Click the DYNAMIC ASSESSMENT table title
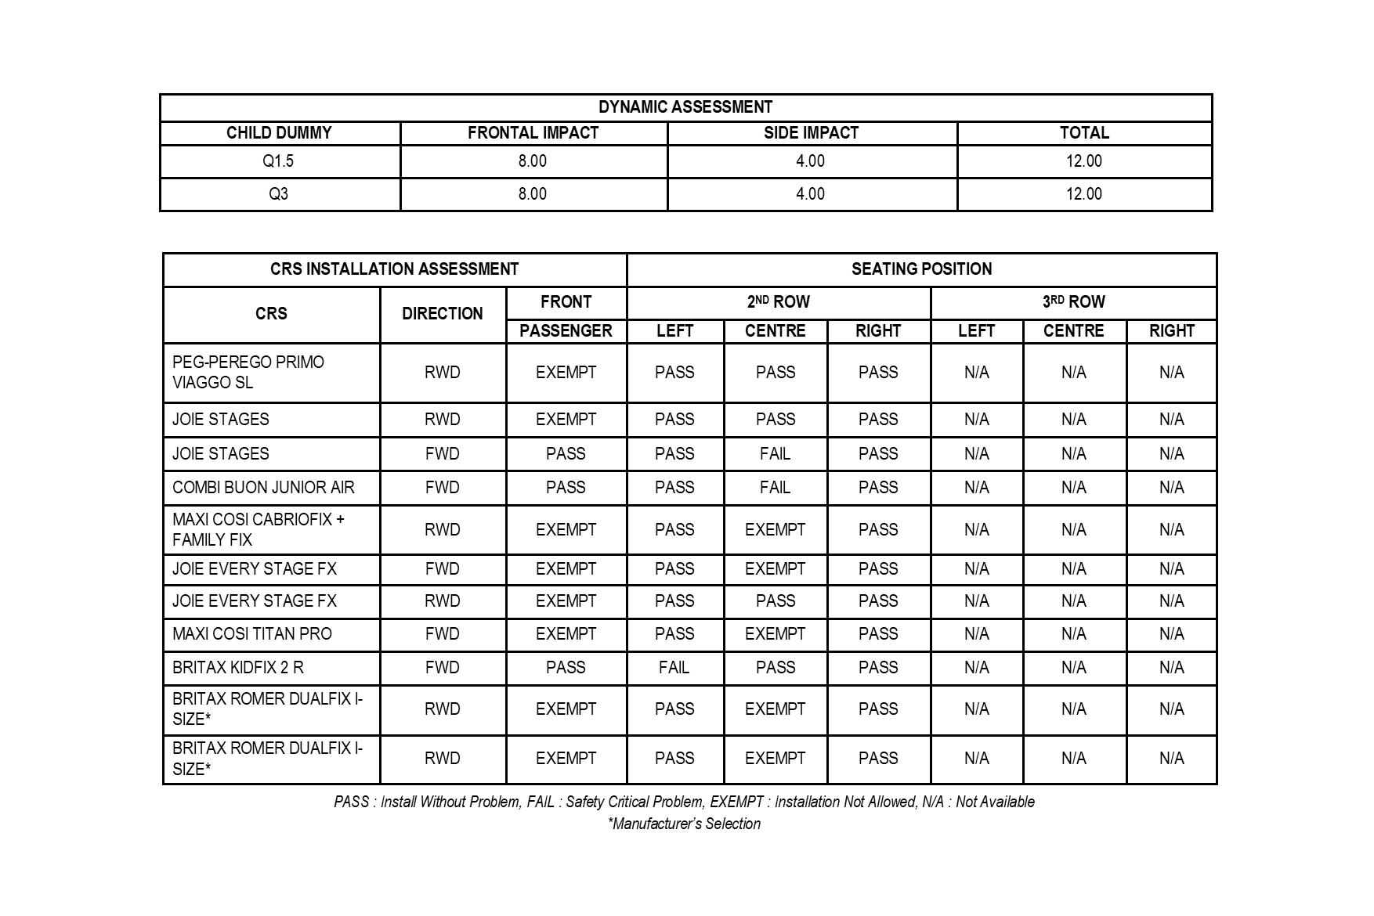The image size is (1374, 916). coord(685,107)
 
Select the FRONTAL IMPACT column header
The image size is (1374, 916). coord(533,133)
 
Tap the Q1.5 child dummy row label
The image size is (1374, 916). coord(278,161)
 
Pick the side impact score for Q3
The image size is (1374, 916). coord(810,194)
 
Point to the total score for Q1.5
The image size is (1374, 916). coord(1083,161)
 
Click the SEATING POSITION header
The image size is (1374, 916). coord(921,269)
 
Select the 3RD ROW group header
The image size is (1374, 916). coord(1073,302)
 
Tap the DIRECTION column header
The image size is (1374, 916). coord(442,314)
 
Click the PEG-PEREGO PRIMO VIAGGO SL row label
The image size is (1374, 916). coord(248,373)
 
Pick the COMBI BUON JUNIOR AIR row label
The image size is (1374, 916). coord(263,488)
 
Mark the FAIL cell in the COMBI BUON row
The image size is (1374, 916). coord(775,488)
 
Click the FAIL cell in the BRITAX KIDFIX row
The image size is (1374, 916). coord(674,668)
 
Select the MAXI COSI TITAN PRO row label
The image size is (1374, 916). coord(252,634)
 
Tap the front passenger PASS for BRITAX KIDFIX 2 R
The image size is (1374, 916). coord(566,668)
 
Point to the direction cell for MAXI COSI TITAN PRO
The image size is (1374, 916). coord(442,634)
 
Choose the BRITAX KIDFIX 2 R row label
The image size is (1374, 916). coord(238,668)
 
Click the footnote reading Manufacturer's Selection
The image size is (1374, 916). coord(685,824)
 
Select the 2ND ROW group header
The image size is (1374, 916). coord(778,302)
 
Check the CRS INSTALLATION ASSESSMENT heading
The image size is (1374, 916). coord(394,269)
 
